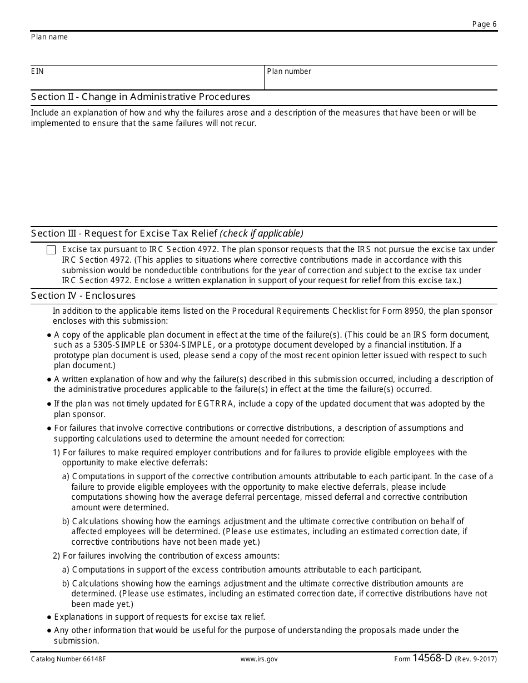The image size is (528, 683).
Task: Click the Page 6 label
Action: [x=484, y=24]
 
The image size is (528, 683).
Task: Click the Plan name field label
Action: [x=49, y=37]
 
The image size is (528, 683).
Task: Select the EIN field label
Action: [x=37, y=72]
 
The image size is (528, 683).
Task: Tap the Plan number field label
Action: [x=289, y=72]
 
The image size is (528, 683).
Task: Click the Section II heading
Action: [x=141, y=97]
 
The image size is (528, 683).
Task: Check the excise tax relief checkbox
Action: [x=51, y=250]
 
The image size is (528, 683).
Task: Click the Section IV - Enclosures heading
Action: [x=83, y=295]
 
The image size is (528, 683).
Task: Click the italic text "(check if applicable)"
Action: [x=262, y=233]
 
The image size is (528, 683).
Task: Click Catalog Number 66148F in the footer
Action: [x=62, y=659]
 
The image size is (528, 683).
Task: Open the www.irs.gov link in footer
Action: [x=259, y=659]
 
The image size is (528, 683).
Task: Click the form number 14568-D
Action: [x=432, y=659]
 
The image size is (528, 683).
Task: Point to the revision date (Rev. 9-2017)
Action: [x=476, y=659]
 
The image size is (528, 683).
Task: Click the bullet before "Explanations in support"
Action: [x=49, y=617]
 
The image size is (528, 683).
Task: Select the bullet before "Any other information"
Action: [x=49, y=630]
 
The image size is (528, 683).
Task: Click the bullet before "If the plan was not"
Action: [x=49, y=404]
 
